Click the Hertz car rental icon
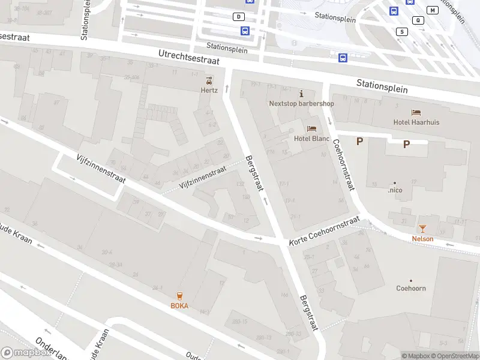[x=209, y=80]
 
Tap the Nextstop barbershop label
[x=301, y=103]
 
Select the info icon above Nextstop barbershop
[x=301, y=94]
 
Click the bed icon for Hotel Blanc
[x=311, y=128]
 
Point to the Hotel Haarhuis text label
[x=416, y=122]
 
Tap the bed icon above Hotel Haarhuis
[x=416, y=112]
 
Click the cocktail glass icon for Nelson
[x=422, y=229]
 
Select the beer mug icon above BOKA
[x=179, y=296]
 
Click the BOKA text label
[x=179, y=305]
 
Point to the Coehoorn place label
[x=411, y=288]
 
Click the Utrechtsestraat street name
[x=188, y=57]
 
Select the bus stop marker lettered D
[x=239, y=17]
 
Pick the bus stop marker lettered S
[x=402, y=31]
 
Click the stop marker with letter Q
[x=418, y=20]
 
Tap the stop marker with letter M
[x=433, y=10]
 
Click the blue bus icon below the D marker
[x=245, y=31]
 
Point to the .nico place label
[x=395, y=190]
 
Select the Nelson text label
[x=422, y=239]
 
